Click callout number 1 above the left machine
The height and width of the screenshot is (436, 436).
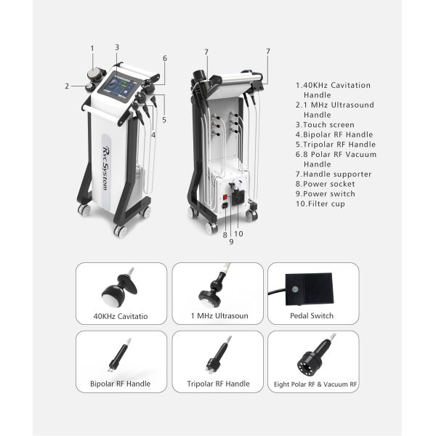(x=92, y=49)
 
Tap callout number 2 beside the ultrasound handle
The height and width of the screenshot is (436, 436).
(x=67, y=86)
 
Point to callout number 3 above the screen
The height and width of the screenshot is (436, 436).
(x=117, y=47)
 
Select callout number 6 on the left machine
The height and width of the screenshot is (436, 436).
(x=165, y=58)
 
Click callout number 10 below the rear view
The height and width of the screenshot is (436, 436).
(x=238, y=234)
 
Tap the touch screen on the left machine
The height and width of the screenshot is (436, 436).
(x=121, y=85)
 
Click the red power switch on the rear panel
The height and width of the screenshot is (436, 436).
(x=225, y=197)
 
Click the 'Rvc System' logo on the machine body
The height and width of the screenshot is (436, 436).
(x=105, y=169)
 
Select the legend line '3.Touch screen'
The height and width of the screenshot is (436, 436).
(x=325, y=124)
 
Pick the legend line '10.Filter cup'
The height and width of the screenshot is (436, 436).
(x=320, y=203)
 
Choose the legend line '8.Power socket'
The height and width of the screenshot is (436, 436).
(x=325, y=184)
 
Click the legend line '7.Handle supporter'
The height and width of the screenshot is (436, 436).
(x=334, y=174)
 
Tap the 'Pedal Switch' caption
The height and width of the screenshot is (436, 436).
(x=312, y=315)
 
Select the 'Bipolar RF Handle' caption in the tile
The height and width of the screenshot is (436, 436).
(x=120, y=384)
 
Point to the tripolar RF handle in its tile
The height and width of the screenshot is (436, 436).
(x=218, y=355)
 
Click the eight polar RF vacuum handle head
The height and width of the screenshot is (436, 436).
(x=309, y=364)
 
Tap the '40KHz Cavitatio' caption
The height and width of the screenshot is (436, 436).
(x=121, y=316)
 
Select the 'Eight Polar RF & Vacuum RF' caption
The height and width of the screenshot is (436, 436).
(x=315, y=384)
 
